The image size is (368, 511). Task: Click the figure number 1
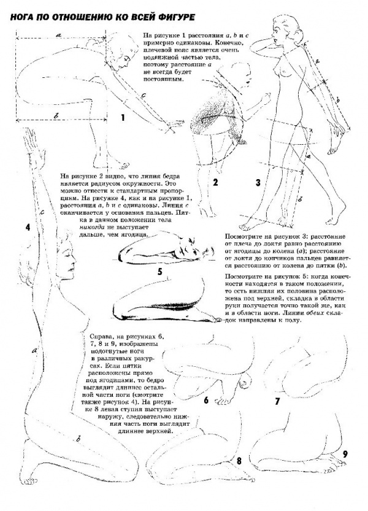tap(123, 116)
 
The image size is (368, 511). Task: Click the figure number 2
tap(216, 182)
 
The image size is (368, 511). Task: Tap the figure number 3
tap(258, 182)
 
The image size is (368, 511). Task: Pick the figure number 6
tap(206, 400)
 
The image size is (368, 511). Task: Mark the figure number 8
tap(238, 459)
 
